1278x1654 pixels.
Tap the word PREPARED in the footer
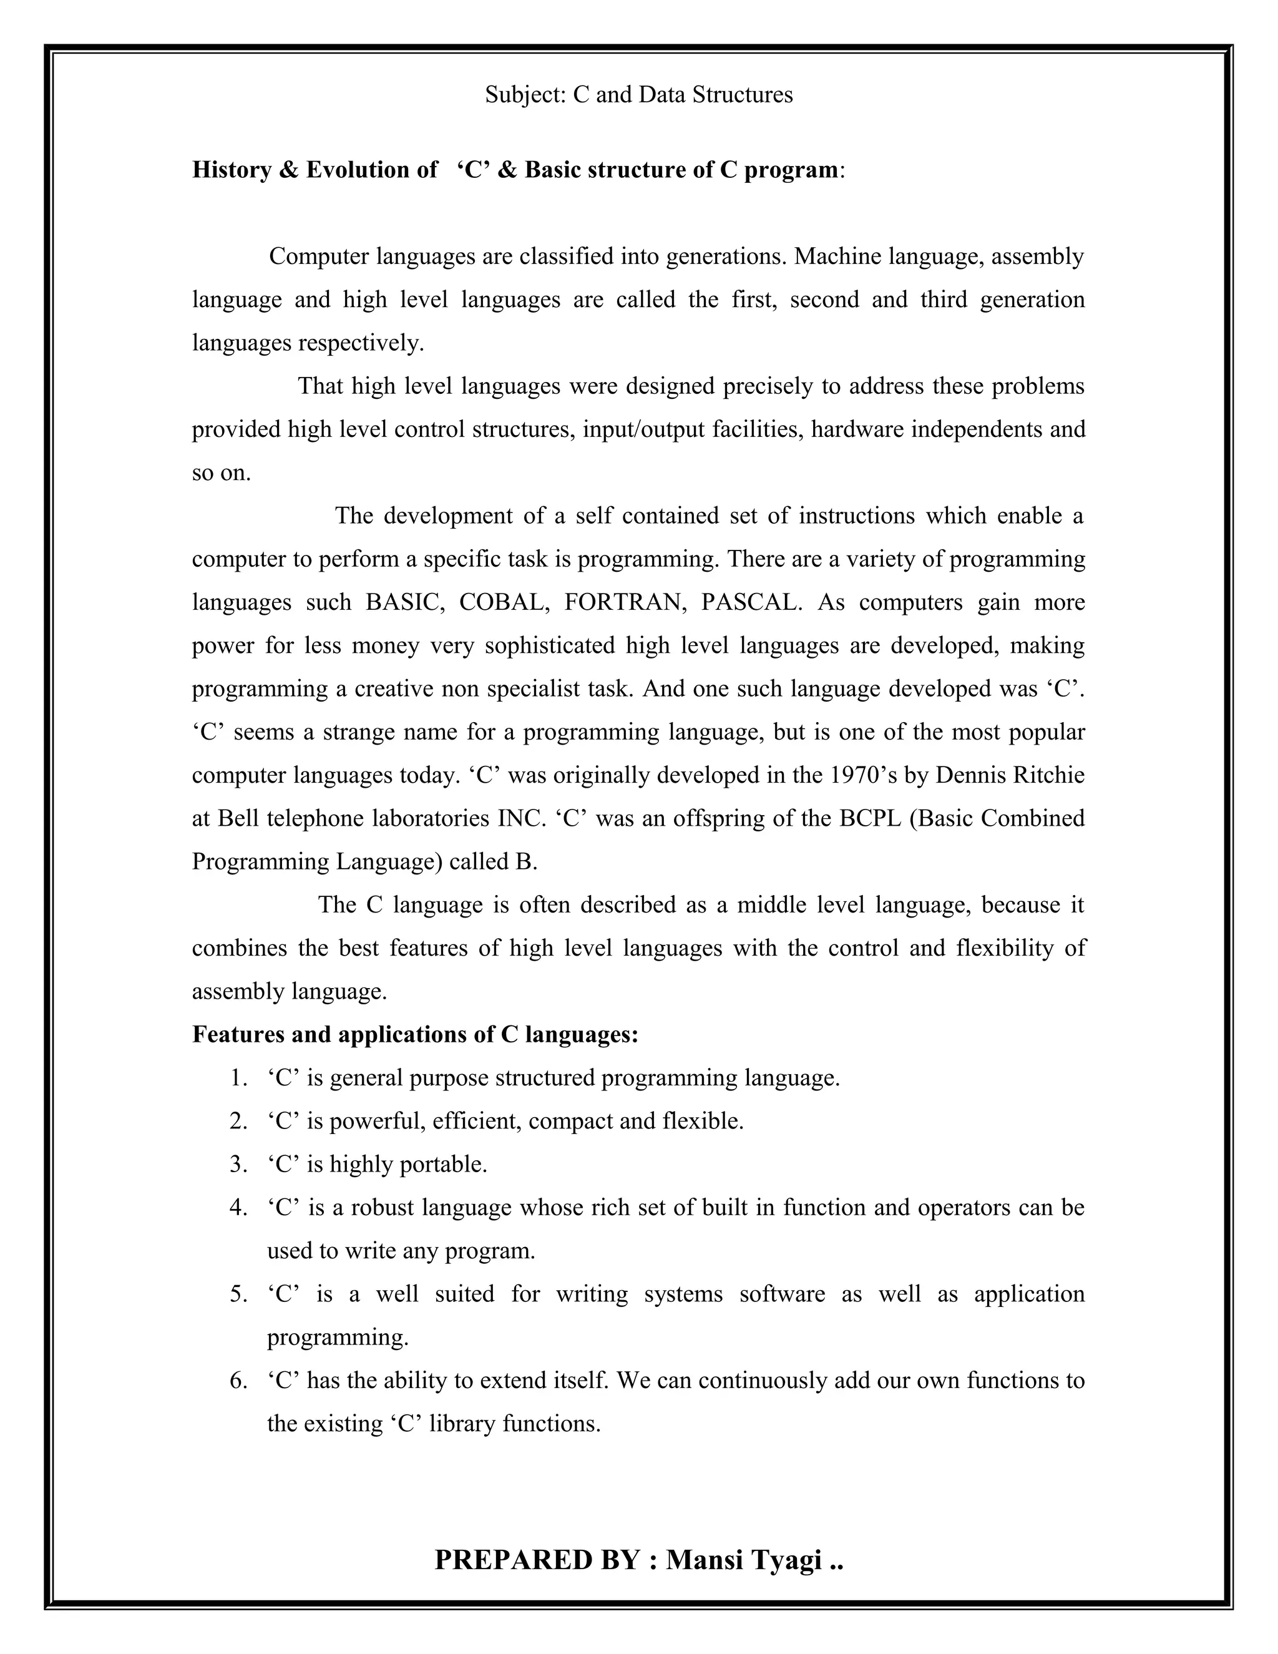(511, 1560)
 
